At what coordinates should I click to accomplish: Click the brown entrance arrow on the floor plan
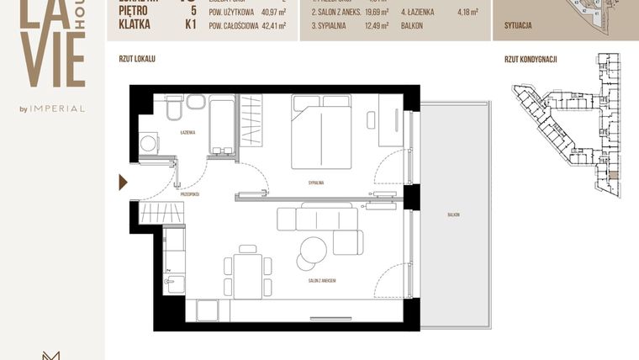click(123, 183)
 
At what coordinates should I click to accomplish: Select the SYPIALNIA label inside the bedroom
click(315, 182)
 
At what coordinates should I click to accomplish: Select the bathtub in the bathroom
click(222, 126)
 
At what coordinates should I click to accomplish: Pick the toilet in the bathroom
click(174, 109)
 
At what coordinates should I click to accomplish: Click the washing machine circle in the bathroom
click(149, 144)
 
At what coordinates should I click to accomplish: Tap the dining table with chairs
click(247, 271)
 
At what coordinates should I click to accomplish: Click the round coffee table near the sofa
click(314, 248)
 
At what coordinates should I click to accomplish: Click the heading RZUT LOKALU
click(137, 60)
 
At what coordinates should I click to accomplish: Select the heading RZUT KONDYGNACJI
click(531, 60)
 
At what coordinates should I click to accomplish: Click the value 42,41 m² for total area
click(270, 26)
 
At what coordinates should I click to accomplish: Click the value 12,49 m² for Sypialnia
click(373, 26)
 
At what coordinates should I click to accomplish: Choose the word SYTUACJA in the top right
click(518, 26)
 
